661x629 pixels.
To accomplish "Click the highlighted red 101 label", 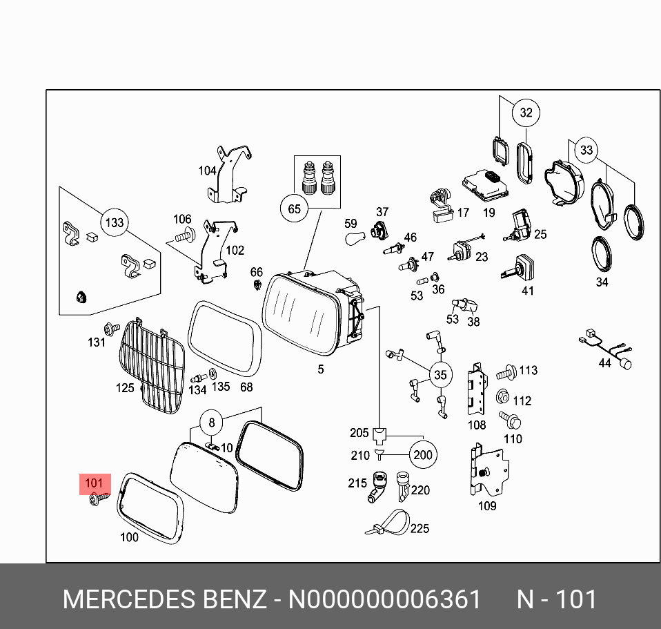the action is point(93,483).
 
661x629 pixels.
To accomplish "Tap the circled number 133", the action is point(114,222).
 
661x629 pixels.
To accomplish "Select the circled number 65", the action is point(295,209).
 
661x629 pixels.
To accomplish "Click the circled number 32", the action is point(526,113).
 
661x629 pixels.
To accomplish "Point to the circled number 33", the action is point(586,150).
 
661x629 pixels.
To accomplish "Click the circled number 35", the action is point(440,375).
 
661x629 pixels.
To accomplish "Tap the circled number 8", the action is point(212,422).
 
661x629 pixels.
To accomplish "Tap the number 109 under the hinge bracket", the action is point(487,506).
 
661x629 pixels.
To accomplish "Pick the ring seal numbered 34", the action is point(602,253).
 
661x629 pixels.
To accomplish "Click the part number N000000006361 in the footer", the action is point(384,599).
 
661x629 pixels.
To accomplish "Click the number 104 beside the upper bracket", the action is point(207,171).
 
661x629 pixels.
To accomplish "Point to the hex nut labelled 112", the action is point(502,398).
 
